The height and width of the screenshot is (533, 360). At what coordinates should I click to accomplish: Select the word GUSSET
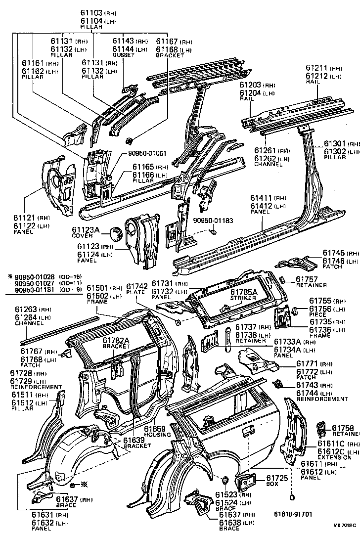tap(124, 55)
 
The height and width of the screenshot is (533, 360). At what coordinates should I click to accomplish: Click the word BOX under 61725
tap(272, 484)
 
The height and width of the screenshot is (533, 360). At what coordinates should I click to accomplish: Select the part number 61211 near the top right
tap(316, 68)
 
